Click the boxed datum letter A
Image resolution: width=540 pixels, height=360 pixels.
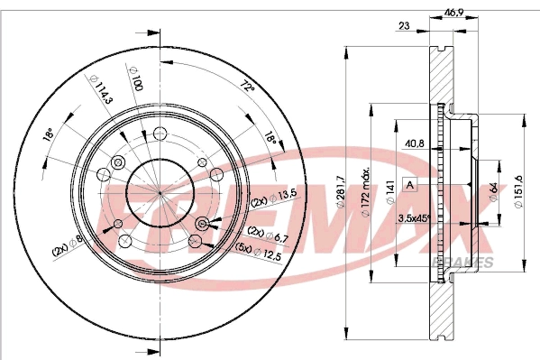(410, 185)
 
